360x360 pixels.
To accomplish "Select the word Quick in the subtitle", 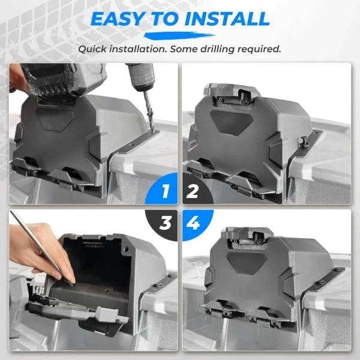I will (x=95, y=49).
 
